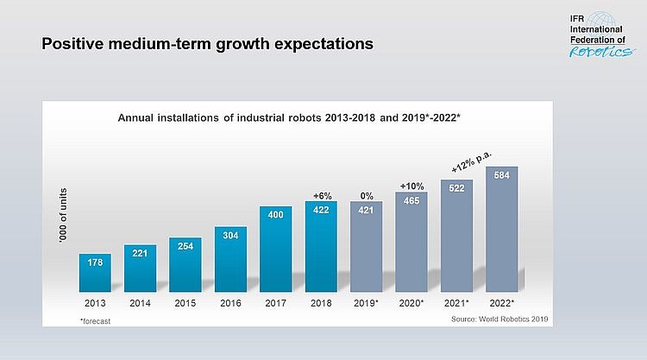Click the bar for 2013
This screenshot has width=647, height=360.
(x=95, y=273)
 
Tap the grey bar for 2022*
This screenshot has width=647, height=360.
(x=501, y=230)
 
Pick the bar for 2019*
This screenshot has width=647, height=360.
(x=366, y=247)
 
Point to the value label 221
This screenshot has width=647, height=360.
(x=140, y=253)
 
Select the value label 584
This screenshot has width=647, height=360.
(x=501, y=175)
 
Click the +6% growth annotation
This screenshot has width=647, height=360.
(x=321, y=195)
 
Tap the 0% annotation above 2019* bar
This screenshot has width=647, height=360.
(x=366, y=195)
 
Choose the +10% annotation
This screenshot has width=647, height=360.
(x=411, y=185)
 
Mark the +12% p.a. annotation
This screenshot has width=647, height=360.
(x=471, y=161)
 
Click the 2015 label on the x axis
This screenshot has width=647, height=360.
(x=185, y=304)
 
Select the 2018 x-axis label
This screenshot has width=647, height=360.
(x=321, y=304)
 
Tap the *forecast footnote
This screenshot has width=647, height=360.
(x=95, y=320)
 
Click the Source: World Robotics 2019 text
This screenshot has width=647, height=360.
(x=499, y=320)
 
